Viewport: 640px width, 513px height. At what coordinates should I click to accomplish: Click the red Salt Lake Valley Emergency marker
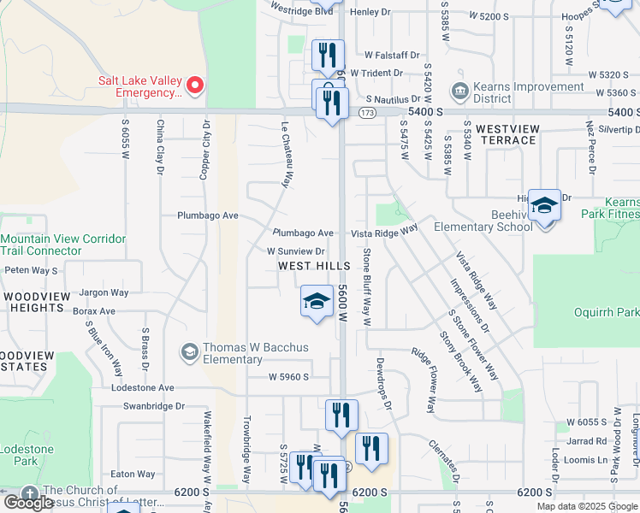click(195, 85)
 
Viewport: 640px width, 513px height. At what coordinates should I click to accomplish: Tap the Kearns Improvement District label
click(519, 92)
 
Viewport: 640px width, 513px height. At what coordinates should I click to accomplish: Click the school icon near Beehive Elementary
click(544, 206)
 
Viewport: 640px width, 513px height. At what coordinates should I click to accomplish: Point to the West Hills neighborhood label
click(314, 267)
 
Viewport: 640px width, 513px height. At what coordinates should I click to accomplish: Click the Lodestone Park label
click(26, 455)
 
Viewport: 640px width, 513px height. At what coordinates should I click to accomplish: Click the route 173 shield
click(367, 113)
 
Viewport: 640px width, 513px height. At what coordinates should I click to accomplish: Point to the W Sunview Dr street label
click(295, 252)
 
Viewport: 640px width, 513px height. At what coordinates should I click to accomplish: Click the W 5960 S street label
click(287, 376)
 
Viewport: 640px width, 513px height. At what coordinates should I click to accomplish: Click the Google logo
click(28, 502)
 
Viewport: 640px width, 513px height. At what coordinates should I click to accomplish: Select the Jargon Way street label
click(104, 292)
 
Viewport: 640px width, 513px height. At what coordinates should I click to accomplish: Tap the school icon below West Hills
click(316, 302)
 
